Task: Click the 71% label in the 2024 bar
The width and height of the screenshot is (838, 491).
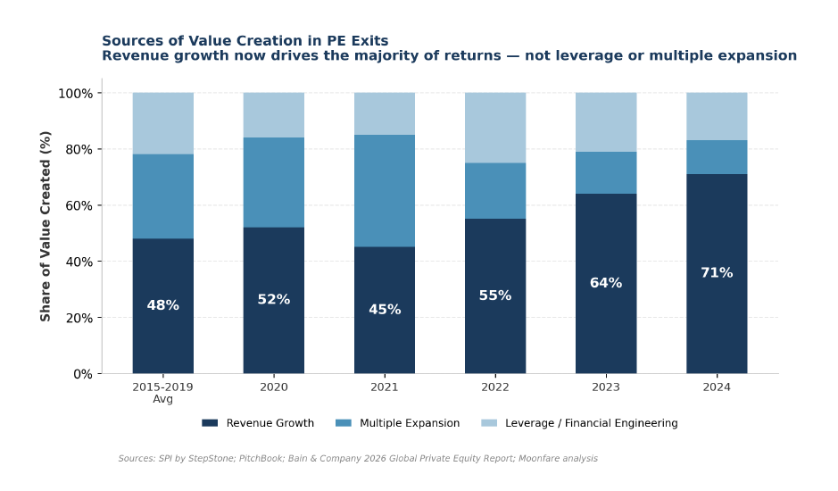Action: pos(717,273)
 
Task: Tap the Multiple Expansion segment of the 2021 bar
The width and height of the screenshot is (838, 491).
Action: pos(385,191)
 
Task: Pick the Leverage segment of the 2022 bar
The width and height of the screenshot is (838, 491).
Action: pos(495,128)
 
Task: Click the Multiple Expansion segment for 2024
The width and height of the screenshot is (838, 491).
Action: pos(717,157)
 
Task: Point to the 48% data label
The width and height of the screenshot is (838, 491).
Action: pos(163,305)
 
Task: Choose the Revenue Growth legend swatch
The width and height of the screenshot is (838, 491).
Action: pos(210,423)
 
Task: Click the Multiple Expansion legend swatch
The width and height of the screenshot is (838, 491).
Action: pos(344,423)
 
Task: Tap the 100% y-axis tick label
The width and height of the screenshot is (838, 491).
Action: pos(75,93)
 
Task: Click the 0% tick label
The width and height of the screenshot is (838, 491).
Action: pos(82,374)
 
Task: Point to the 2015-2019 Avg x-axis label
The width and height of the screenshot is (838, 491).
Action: pos(163,393)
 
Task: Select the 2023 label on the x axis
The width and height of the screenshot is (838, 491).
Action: pos(606,387)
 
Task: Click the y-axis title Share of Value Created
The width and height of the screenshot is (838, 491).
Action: pos(46,226)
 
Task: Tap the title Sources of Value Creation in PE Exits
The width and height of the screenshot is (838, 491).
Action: pos(245,41)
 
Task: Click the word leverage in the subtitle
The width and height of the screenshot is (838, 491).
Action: pos(595,56)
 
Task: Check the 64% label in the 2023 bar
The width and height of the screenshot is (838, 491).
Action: pos(606,283)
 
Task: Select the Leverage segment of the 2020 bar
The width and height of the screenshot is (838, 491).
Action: pos(274,115)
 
